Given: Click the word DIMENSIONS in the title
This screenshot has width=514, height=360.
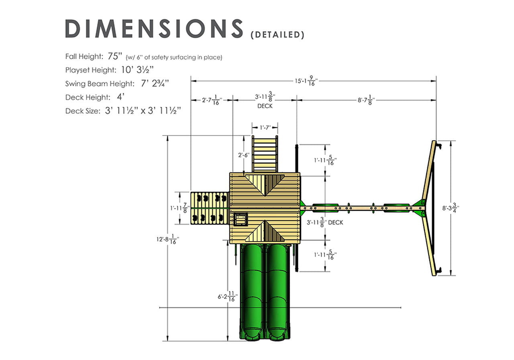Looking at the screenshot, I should (x=154, y=29).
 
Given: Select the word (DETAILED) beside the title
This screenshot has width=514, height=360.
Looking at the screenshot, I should (x=277, y=35).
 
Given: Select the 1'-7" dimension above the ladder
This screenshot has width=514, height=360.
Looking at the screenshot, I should (x=265, y=127).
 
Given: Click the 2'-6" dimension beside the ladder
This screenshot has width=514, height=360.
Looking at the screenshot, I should (x=244, y=155).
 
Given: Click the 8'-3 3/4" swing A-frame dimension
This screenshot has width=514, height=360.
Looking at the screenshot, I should (x=451, y=208).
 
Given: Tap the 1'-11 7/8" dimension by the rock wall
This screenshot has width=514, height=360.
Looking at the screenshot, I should (x=179, y=208).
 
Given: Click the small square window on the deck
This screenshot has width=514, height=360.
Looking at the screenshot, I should (x=241, y=219).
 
